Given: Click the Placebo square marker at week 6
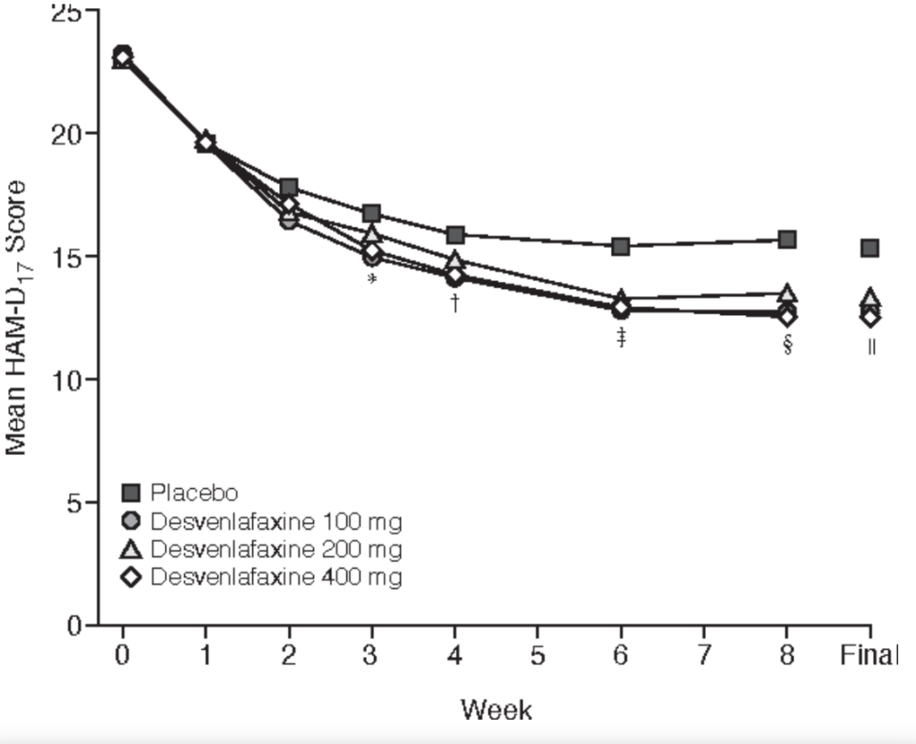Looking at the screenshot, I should [621, 246].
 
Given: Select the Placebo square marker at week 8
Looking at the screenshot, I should [787, 240].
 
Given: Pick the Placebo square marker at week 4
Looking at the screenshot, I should [455, 235].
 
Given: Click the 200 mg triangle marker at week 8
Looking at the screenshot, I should [787, 293].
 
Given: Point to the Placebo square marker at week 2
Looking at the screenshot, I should [289, 188].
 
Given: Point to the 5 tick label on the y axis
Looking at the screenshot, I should [75, 502].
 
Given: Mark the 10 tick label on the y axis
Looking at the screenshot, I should [65, 380].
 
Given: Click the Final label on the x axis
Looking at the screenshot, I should [868, 656].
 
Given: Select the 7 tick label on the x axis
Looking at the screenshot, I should [704, 656].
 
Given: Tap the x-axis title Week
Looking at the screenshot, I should [496, 710].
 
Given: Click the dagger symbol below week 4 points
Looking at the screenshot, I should [455, 304].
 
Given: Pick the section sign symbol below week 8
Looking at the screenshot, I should [787, 345].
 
